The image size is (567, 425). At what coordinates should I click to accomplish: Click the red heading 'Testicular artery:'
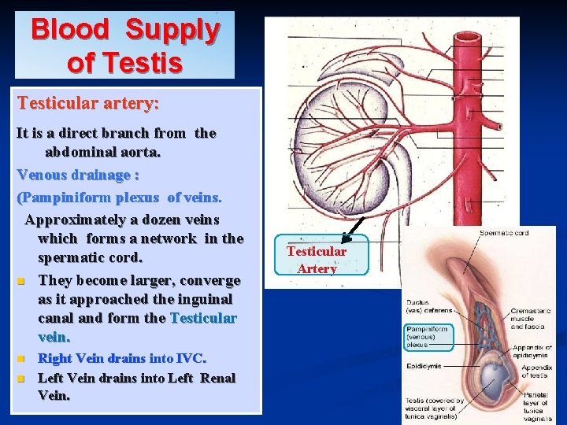(88, 103)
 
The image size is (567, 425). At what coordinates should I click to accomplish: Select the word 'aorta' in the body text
(140, 151)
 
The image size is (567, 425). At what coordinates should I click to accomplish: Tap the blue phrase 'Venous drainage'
(73, 174)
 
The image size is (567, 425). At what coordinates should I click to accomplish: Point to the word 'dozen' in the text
(161, 219)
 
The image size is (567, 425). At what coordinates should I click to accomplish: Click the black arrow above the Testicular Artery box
(353, 228)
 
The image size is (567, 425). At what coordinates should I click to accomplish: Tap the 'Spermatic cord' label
(504, 233)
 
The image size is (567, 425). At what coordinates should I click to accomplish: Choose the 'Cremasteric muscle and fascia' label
(531, 319)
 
